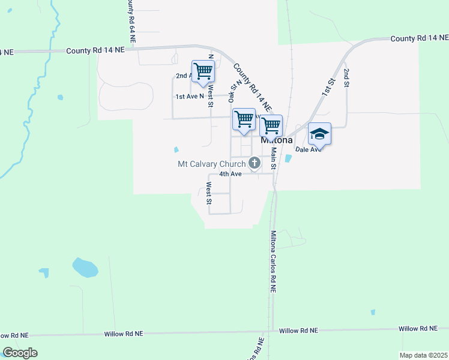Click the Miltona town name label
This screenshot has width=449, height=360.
pos(277,140)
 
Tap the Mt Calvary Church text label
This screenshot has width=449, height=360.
pos(212,164)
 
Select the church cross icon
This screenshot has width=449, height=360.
pos(255,163)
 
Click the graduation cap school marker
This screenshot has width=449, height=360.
pos(319,134)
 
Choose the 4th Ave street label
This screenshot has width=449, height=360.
pos(230,174)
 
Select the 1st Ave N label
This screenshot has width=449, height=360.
pos(188,97)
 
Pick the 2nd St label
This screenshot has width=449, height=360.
pos(346,78)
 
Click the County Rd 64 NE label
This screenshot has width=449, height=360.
pos(131,21)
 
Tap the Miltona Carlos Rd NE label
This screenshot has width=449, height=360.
pos(273,261)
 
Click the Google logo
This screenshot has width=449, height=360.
pos(20,353)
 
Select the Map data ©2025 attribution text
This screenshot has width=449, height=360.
pos(423,355)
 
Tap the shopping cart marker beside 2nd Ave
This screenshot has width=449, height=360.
pos(203,71)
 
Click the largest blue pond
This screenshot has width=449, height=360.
pos(85,267)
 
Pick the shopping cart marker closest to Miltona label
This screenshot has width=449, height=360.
pos(271,125)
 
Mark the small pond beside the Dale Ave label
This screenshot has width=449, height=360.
pos(288,159)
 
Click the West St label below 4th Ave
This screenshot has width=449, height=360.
pos(208,193)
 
